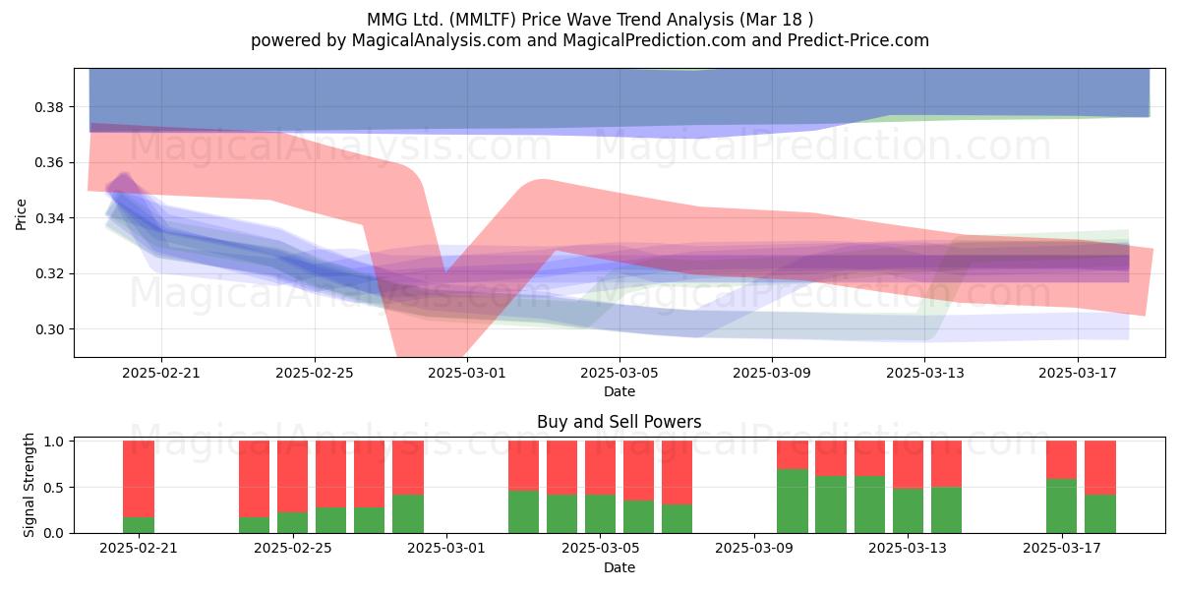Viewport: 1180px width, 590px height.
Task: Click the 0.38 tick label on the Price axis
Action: point(48,107)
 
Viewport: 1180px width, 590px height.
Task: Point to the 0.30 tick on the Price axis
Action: point(48,329)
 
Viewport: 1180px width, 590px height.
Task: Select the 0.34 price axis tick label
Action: point(48,218)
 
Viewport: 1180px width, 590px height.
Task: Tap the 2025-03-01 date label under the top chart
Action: point(467,373)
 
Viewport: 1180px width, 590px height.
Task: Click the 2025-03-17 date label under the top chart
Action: point(1078,373)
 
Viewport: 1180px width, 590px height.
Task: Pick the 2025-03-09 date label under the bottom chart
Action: point(754,549)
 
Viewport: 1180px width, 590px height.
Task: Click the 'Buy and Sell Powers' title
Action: point(619,422)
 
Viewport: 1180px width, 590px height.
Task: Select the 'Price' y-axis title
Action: point(21,214)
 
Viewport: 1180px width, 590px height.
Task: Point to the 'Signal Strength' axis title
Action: point(29,485)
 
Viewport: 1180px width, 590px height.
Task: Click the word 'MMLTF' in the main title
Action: point(484,20)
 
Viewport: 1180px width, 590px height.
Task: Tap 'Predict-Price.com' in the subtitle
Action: point(858,40)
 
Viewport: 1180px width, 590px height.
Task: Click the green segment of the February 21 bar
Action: point(139,525)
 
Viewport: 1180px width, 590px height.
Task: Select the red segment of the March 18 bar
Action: point(1100,468)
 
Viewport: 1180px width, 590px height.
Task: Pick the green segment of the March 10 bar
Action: point(793,501)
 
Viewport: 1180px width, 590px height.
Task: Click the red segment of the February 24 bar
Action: point(254,479)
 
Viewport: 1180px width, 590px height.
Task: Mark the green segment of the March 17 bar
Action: point(1061,505)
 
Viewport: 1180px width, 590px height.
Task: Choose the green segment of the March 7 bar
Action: point(677,519)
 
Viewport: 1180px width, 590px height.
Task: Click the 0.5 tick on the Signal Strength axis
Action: point(53,488)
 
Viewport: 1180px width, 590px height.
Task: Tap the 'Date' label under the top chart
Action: point(619,391)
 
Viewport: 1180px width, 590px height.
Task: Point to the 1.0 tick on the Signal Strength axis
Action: point(53,442)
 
